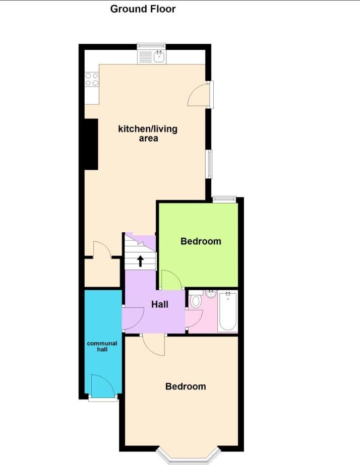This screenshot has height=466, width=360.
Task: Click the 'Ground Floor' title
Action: pos(143,9)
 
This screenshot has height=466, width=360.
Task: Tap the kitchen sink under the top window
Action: pos(159,56)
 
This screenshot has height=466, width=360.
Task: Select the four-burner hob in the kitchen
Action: pos(92,80)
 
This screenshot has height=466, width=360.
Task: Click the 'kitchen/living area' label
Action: pos(148,134)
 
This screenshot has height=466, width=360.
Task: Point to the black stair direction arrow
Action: pos(141,260)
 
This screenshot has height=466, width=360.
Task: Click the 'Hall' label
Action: pos(160,304)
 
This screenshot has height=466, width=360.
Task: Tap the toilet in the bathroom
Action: pos(196,301)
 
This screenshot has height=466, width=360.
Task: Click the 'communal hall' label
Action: pos(102,346)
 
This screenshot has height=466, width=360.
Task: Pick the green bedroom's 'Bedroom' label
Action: pos(201,241)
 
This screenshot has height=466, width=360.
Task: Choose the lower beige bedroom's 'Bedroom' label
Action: pos(186,386)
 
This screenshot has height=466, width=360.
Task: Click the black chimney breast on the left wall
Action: pos(91,144)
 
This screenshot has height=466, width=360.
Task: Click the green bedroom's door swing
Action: pos(170,280)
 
